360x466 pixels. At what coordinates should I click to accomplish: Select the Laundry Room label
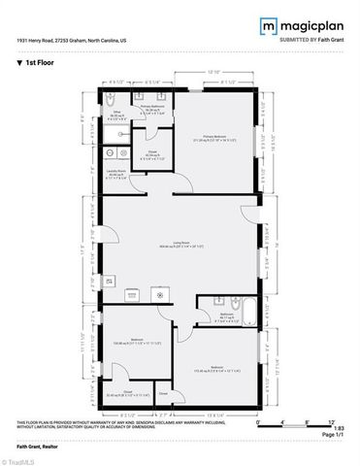coord(115,175)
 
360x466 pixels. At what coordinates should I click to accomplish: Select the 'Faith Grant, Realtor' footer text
coord(36,447)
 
